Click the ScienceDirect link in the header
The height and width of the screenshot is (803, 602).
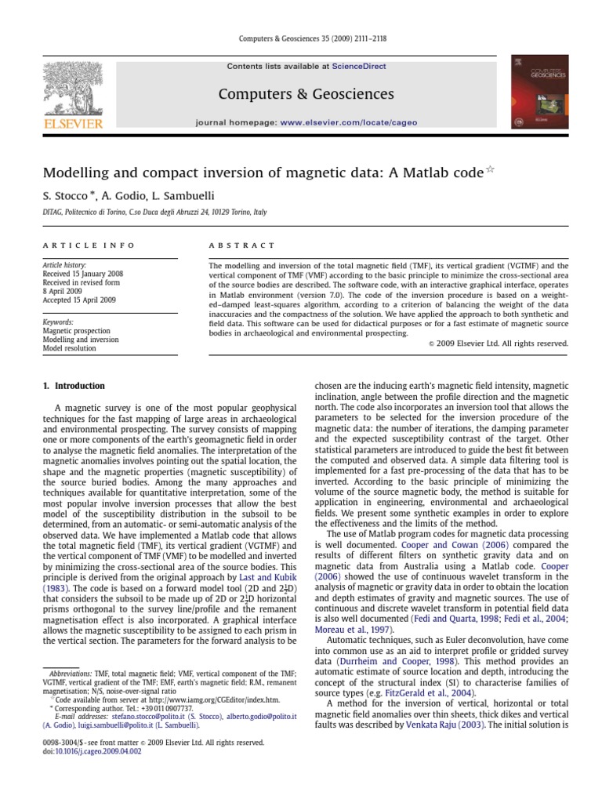(x=359, y=67)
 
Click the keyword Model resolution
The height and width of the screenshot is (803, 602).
(x=69, y=348)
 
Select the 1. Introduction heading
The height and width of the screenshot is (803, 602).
(x=74, y=387)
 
